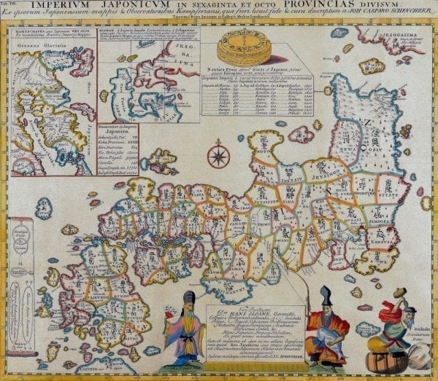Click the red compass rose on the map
pos(217,155)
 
